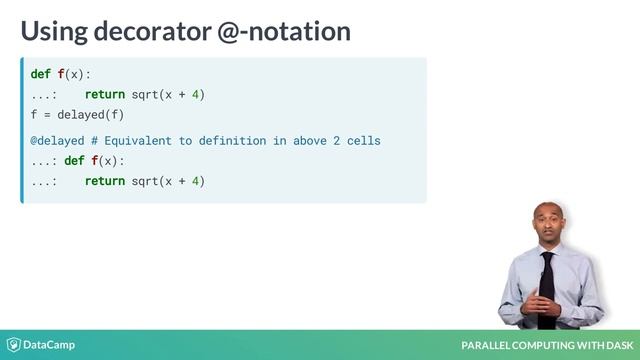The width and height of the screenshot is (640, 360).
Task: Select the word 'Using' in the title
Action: tap(49, 31)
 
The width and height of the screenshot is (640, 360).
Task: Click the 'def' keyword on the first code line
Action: tap(41, 74)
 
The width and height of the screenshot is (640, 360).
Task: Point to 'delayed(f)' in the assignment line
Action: tap(89, 114)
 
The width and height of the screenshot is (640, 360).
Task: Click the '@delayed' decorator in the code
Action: tap(56, 141)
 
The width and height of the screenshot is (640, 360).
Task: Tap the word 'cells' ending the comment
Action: tap(362, 141)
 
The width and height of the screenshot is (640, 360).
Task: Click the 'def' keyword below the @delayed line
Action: tap(74, 161)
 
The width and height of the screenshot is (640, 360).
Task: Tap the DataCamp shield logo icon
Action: tap(13, 345)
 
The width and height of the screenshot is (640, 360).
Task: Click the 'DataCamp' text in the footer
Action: tap(50, 345)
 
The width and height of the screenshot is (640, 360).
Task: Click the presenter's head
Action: tap(547, 221)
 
